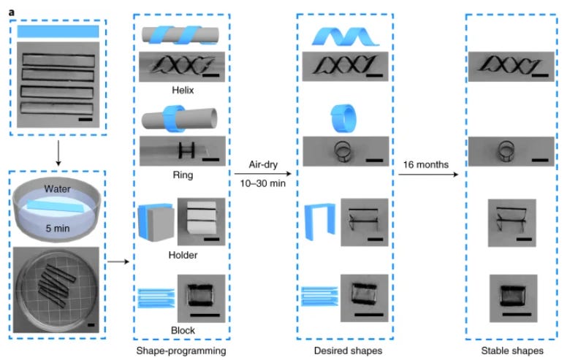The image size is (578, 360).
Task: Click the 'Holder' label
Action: (183, 255)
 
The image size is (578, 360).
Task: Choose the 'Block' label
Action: (183, 329)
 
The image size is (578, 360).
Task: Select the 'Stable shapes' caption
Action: (511, 351)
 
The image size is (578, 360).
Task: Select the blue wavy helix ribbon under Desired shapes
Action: (345, 34)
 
